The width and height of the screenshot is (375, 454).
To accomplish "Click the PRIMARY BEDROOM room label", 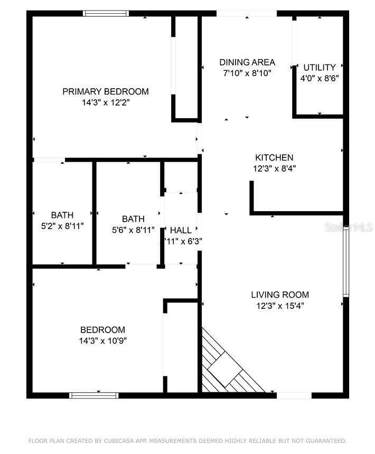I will (106, 91).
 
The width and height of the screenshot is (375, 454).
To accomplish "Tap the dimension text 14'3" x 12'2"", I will (106, 102).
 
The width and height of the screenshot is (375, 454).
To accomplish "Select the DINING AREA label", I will (247, 62).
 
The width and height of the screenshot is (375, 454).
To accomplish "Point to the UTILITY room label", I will (319, 68).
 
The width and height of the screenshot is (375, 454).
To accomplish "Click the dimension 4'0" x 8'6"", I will (319, 78).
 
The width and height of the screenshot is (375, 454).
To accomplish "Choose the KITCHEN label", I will (274, 158).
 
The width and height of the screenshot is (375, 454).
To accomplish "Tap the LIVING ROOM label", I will (279, 295).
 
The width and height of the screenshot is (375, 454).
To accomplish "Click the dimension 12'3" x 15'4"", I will (279, 306).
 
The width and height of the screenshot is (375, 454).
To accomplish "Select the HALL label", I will (181, 230).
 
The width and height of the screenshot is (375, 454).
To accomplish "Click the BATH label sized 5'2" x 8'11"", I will (62, 215).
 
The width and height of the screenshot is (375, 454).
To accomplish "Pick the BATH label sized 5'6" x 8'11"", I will (133, 219).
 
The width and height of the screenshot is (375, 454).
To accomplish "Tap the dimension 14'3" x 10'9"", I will (102, 340).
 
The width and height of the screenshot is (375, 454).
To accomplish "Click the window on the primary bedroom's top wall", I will (106, 13).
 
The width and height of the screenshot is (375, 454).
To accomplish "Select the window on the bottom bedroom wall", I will (94, 395).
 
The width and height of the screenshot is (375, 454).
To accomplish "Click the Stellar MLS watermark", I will (350, 228).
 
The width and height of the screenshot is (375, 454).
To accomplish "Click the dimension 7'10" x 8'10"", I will (247, 73).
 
